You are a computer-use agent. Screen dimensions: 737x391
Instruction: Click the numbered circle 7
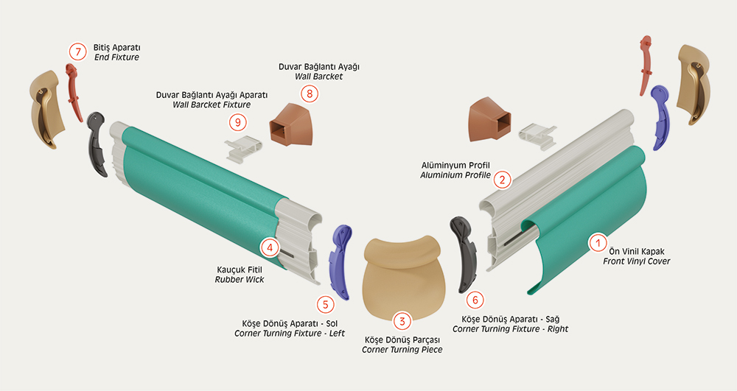tap(78, 52)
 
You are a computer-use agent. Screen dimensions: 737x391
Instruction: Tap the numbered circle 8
tap(310, 94)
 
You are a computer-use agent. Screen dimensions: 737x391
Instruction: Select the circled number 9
tap(238, 122)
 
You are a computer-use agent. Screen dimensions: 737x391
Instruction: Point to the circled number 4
tap(270, 247)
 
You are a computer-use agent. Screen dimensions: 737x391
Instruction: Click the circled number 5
tap(325, 304)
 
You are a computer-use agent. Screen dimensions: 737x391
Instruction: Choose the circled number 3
tap(402, 321)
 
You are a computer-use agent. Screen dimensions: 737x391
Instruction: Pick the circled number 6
tap(475, 300)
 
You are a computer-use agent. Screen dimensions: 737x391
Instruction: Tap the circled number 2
tap(503, 180)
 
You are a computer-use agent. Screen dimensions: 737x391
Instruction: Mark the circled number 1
tap(598, 243)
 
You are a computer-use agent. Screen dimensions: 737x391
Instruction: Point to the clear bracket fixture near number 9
tap(243, 150)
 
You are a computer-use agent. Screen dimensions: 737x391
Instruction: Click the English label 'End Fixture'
tap(116, 57)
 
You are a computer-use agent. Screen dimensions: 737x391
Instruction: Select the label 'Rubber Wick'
tap(240, 280)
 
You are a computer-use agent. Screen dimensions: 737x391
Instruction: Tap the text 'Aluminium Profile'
tap(455, 175)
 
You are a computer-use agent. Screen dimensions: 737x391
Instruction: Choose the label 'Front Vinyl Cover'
tap(637, 261)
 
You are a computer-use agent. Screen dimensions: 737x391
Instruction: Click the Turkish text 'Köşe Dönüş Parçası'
tap(402, 340)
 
